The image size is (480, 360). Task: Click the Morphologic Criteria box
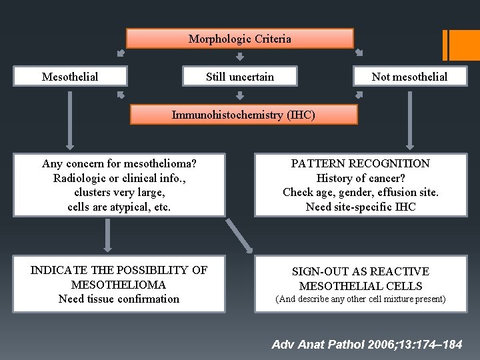pyautogui.click(x=240, y=39)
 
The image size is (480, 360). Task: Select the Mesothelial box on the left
pyautogui.click(x=70, y=77)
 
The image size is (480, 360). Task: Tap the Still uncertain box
pyautogui.click(x=240, y=77)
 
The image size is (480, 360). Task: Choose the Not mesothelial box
pyautogui.click(x=409, y=77)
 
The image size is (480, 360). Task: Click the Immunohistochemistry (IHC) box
pyautogui.click(x=243, y=115)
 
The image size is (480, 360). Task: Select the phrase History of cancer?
pyautogui.click(x=361, y=178)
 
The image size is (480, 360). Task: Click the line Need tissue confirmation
pyautogui.click(x=119, y=299)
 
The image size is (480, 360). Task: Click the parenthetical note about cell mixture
pyautogui.click(x=361, y=299)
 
